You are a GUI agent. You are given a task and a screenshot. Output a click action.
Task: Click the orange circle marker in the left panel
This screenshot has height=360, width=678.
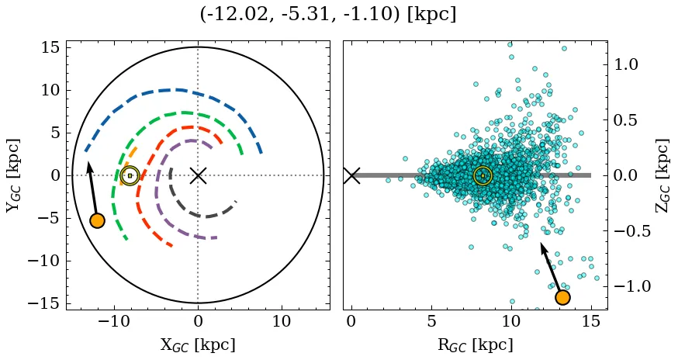click(x=97, y=220)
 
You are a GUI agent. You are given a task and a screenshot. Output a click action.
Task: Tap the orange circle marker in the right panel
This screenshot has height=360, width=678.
click(x=562, y=297)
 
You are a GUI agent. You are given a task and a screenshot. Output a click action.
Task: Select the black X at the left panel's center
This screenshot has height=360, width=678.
click(x=198, y=175)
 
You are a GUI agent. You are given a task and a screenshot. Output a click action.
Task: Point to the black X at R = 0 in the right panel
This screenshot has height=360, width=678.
click(x=351, y=175)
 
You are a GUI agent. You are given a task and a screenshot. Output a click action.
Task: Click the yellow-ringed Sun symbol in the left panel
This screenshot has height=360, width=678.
click(x=130, y=175)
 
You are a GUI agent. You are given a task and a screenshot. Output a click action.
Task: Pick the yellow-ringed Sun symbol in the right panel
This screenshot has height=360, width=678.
click(x=483, y=176)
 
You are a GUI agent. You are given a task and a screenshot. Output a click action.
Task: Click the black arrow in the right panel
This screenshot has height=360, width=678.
click(x=551, y=268)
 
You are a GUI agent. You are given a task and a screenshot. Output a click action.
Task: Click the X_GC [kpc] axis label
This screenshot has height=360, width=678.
click(x=197, y=345)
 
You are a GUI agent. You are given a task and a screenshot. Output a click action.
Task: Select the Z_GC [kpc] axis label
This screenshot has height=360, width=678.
click(x=662, y=175)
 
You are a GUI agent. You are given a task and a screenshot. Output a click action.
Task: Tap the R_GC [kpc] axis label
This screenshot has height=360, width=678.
click(x=475, y=345)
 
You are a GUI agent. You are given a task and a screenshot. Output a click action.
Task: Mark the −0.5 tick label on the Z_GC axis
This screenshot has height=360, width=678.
click(x=634, y=231)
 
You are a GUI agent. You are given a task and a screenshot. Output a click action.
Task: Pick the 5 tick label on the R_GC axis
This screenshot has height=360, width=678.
click(x=431, y=321)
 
